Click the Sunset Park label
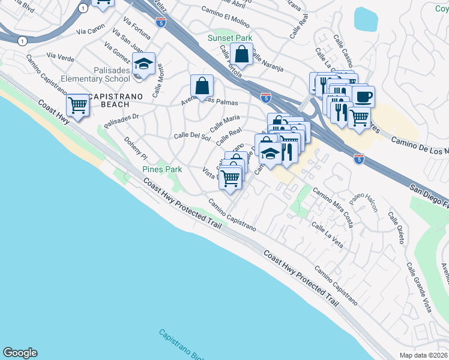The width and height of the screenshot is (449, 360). pyautogui.click(x=230, y=38)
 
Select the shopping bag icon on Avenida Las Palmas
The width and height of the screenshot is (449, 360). pyautogui.click(x=202, y=86)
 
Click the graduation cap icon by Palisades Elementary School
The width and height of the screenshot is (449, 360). pyautogui.click(x=144, y=64)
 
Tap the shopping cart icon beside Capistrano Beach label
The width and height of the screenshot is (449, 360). pyautogui.click(x=78, y=106)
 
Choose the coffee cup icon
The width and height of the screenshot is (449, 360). pyautogui.click(x=363, y=96)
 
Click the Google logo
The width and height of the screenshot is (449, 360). pyautogui.click(x=20, y=353)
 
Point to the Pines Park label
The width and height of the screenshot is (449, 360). pyautogui.click(x=162, y=170)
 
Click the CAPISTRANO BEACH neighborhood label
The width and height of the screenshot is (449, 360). pyautogui.click(x=109, y=100)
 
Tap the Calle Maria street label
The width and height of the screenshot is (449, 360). pyautogui.click(x=224, y=122)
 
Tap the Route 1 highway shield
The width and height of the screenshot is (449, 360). pyautogui.click(x=22, y=41)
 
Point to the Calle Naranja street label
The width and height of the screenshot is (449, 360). pyautogui.click(x=267, y=64)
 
